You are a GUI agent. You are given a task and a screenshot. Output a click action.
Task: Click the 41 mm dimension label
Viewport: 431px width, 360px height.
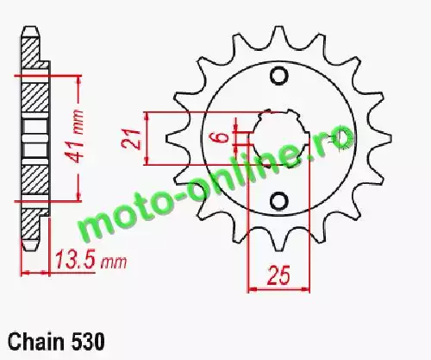point(75,135)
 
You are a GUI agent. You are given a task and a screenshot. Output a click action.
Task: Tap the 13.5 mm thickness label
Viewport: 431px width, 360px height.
point(91,260)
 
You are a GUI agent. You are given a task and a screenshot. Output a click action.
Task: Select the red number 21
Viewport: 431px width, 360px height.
point(131,139)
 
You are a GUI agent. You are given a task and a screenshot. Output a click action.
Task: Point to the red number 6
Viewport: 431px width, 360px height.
point(222,137)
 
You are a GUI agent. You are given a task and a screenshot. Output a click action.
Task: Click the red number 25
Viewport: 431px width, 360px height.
point(278,275)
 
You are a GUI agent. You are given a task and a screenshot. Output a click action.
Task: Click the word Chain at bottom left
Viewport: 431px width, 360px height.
point(35,342)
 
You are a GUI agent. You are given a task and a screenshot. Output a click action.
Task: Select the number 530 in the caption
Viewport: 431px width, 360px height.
point(87,342)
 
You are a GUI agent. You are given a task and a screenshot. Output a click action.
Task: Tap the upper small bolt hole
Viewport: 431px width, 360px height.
point(278,76)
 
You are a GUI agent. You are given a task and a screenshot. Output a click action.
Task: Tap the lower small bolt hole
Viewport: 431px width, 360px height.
point(279,200)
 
